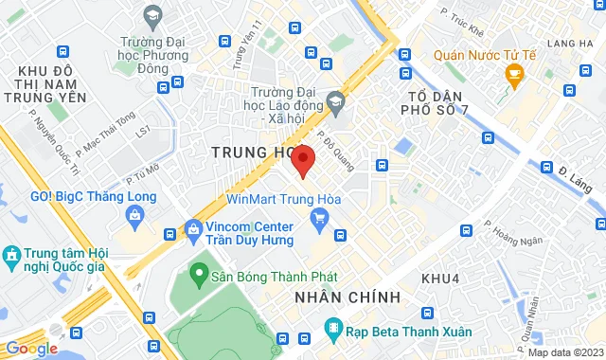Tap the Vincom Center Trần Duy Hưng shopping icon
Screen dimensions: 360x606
pyautogui.click(x=194, y=229)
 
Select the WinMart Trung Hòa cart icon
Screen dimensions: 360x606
pyautogui.click(x=319, y=221)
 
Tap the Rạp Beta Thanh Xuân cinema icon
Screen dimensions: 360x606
pyautogui.click(x=333, y=330)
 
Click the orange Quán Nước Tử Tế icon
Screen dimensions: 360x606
pyautogui.click(x=514, y=74)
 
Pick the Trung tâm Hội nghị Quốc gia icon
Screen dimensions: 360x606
pyautogui.click(x=10, y=257)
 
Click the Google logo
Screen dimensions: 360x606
pyautogui.click(x=31, y=348)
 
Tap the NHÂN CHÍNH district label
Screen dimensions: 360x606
pyautogui.click(x=347, y=297)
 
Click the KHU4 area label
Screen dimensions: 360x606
pyautogui.click(x=438, y=279)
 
